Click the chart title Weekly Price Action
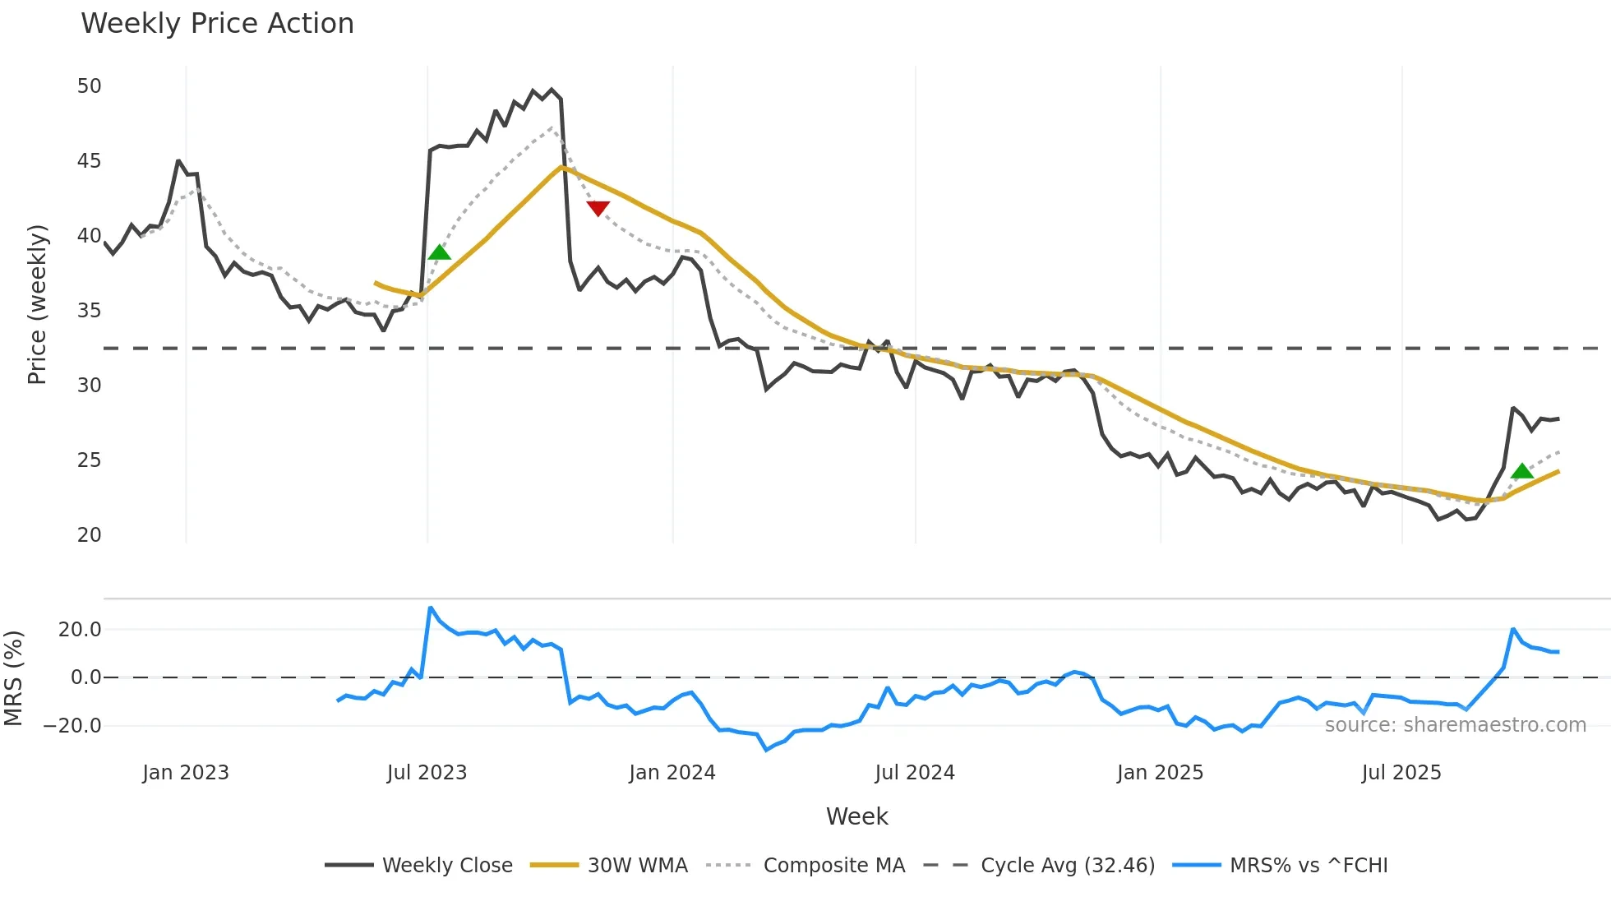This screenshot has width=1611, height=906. pos(217,24)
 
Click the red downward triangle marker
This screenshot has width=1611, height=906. pos(598,209)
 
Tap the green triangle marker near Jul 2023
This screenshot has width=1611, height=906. pos(440,252)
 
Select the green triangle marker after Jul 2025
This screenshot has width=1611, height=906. pos(1522,471)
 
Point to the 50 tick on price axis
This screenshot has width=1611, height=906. pos(89,86)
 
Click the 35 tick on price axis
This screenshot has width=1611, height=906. pos(89,311)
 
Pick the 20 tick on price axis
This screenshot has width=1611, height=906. pos(89,535)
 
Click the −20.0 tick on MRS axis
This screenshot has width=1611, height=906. pos(72,726)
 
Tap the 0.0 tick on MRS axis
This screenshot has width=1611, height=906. pos(85,677)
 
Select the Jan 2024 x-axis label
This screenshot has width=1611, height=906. pos(672,773)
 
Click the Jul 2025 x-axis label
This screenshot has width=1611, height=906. pos(1401,773)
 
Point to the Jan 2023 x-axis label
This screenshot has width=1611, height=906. pos(185,773)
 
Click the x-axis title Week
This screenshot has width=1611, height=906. pos(856,816)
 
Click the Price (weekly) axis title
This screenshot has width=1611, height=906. pos(38,304)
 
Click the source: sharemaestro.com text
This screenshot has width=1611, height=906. pos(1455,725)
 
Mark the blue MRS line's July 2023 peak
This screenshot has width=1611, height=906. pos(431,608)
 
